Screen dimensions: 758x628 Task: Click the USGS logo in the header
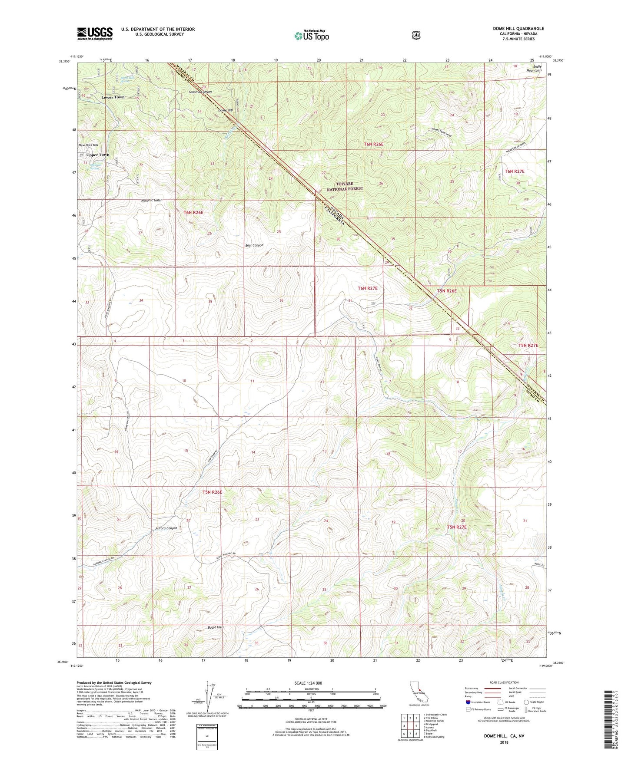pos(95,33)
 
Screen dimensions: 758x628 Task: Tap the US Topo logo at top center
pos(311,36)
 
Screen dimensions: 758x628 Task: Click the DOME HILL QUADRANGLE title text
pos(518,29)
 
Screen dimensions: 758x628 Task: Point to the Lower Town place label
pos(113,97)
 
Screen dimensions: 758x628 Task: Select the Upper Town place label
pos(98,155)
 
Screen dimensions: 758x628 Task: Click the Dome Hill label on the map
pos(226,110)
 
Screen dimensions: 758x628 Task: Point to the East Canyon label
pos(254,246)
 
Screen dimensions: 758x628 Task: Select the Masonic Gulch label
pos(152,201)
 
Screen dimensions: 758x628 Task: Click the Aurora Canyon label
pos(166,528)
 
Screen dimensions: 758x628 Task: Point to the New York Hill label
pos(88,145)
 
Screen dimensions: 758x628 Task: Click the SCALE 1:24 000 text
pos(308,683)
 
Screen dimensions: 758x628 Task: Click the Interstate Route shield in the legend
pos(468,702)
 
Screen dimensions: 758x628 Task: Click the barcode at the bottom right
pos(609,721)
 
